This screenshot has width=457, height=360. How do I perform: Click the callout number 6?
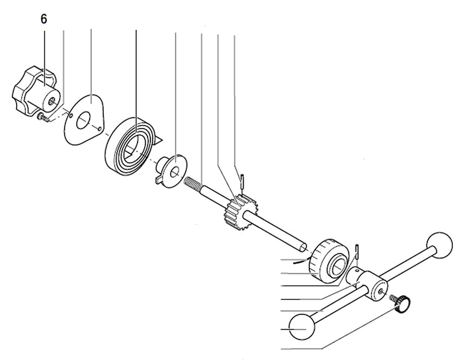click(x=44, y=19)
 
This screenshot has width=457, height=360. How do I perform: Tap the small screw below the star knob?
click(x=43, y=117)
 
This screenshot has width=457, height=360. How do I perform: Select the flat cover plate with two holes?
click(x=84, y=119)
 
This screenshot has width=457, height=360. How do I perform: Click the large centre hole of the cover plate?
click(x=83, y=120)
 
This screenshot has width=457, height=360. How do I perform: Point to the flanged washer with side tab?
click(x=171, y=171)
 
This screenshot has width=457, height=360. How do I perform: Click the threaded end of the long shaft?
click(x=192, y=184)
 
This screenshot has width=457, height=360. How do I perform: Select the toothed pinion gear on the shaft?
click(x=241, y=212)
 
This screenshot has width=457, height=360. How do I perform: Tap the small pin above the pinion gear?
click(x=242, y=181)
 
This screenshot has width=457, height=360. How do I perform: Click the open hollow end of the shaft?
click(x=303, y=248)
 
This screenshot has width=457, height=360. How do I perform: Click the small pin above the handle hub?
click(x=357, y=252)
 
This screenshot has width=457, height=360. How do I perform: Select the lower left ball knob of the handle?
click(x=302, y=327)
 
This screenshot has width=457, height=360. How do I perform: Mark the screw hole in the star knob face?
click(x=52, y=101)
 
